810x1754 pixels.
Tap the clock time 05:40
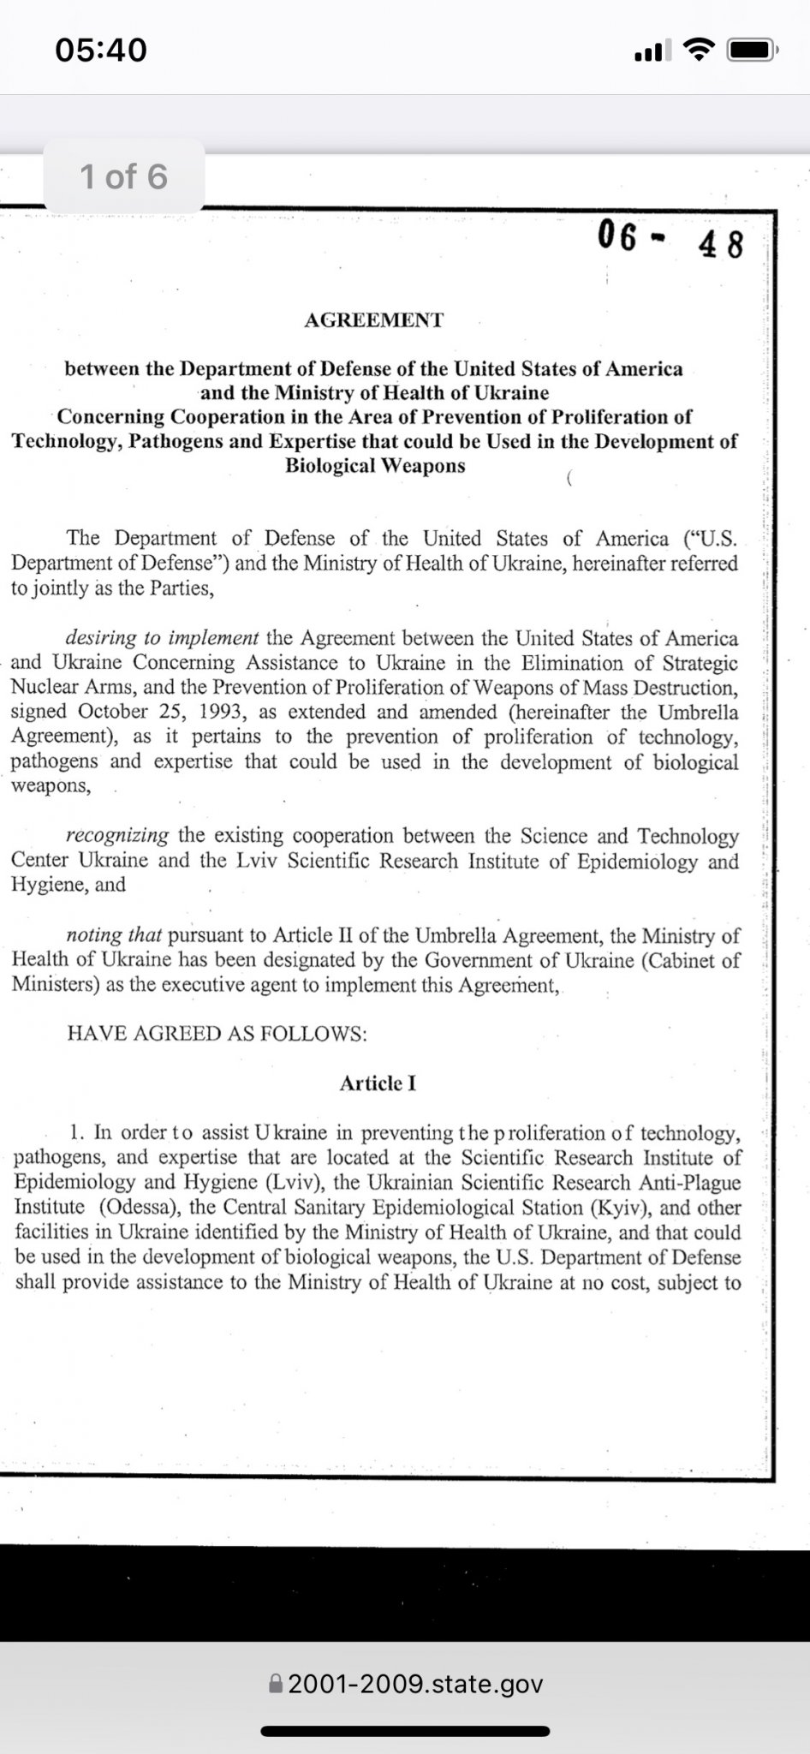(101, 50)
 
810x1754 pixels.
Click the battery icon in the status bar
(751, 51)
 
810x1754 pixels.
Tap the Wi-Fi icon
(700, 51)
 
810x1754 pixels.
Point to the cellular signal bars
(652, 52)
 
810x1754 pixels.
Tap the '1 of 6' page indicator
(123, 176)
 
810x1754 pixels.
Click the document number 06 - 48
(670, 238)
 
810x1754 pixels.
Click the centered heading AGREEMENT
(374, 320)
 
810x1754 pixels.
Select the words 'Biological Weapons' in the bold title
(375, 466)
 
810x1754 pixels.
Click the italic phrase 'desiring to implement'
(162, 638)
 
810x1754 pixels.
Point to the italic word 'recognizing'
(117, 836)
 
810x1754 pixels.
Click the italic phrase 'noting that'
(114, 935)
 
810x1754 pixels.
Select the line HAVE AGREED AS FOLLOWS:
(217, 1034)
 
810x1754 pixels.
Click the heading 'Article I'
(378, 1083)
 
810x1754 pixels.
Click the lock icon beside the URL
(275, 1685)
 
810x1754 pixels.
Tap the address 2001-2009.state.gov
(415, 1685)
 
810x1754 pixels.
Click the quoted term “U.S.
(710, 539)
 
